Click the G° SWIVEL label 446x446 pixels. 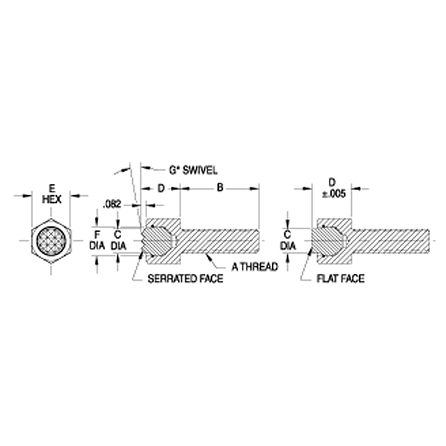[x=193, y=170]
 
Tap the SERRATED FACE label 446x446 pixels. [x=185, y=279]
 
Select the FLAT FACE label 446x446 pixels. [x=341, y=279]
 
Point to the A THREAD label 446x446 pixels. [x=254, y=267]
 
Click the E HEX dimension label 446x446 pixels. [x=52, y=194]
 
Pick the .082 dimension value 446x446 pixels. [x=112, y=204]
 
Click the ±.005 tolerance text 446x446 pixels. [x=334, y=194]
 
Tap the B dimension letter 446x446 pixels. [x=220, y=187]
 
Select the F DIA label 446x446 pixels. [x=97, y=240]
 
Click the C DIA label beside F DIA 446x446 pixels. [x=118, y=240]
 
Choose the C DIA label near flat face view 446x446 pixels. [x=288, y=240]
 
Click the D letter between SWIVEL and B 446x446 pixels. [x=161, y=188]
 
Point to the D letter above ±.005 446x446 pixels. [x=332, y=182]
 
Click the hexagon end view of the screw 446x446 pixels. [x=51, y=241]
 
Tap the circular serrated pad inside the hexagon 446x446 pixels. [x=51, y=241]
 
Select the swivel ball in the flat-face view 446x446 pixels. [x=328, y=241]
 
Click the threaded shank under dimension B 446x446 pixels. [x=220, y=241]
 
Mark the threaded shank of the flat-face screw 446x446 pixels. [x=390, y=241]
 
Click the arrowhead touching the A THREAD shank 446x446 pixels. [x=210, y=257]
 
